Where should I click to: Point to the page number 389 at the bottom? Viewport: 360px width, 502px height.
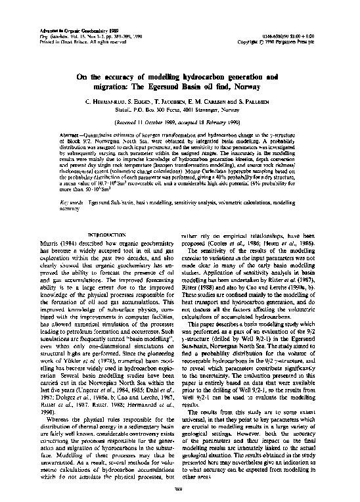tap(178, 488)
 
